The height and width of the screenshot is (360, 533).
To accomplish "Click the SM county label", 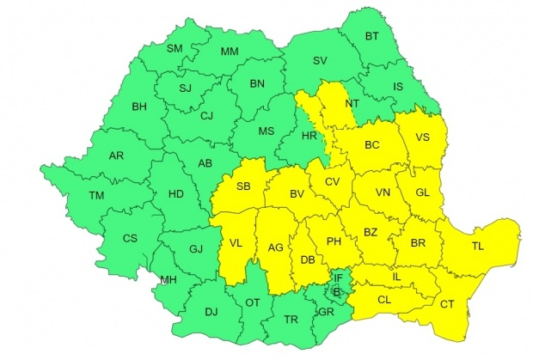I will coord(175,48).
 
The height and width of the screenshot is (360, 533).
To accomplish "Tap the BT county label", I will coord(372,36).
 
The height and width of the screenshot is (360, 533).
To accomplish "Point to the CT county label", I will coord(447,304).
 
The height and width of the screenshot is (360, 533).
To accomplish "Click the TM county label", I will coord(95,196).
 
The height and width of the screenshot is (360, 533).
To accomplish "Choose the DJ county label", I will coord(211,311).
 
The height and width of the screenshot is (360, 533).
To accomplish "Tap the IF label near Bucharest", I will coord(338,278).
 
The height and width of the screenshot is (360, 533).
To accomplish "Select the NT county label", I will coord(352,103).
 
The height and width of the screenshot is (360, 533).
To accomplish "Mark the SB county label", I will coord(244,186).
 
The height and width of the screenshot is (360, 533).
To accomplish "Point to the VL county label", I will coord(236,244).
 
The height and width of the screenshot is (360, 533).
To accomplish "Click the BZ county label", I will coord(371,232).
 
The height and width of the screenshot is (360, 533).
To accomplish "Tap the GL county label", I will coord(422,192).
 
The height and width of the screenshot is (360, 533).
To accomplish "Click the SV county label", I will coord(320,61).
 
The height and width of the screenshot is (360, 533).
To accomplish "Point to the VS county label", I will coord(423,137).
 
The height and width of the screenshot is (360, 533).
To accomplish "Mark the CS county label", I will coord(129,238).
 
